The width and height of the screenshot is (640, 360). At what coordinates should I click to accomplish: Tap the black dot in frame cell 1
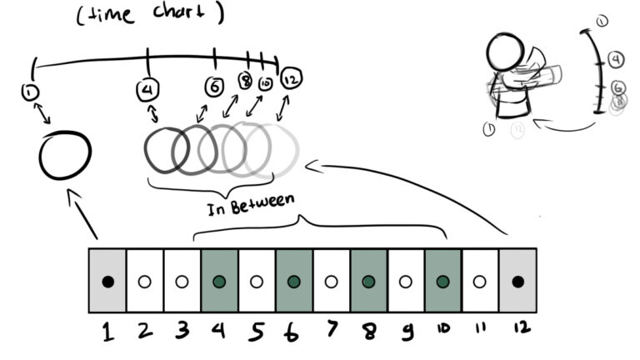coord(107,282)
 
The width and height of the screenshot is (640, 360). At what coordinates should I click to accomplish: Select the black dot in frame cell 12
coord(517,282)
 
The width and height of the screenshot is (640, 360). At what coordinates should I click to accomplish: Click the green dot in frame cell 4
coord(219,282)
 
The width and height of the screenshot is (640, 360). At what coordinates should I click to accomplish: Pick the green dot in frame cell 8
coord(368,282)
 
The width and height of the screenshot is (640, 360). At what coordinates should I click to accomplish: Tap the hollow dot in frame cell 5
coord(257,282)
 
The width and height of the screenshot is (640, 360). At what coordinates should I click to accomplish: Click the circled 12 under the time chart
coord(291,78)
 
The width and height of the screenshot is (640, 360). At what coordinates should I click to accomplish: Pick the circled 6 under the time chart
coord(215,85)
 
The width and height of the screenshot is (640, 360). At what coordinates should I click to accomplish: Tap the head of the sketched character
coord(504,52)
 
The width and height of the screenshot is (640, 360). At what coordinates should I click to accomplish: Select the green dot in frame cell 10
coord(442,282)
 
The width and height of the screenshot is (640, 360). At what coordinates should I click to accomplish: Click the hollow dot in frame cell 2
coord(145,282)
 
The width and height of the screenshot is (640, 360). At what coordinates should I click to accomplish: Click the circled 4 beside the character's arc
coord(615,59)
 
